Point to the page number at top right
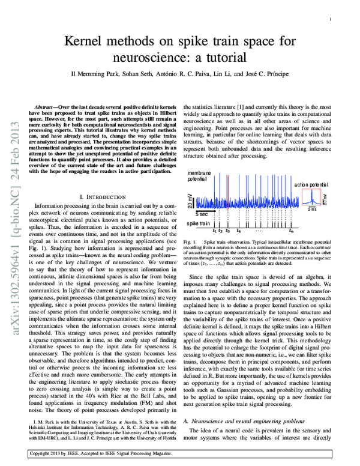tap(331, 20)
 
